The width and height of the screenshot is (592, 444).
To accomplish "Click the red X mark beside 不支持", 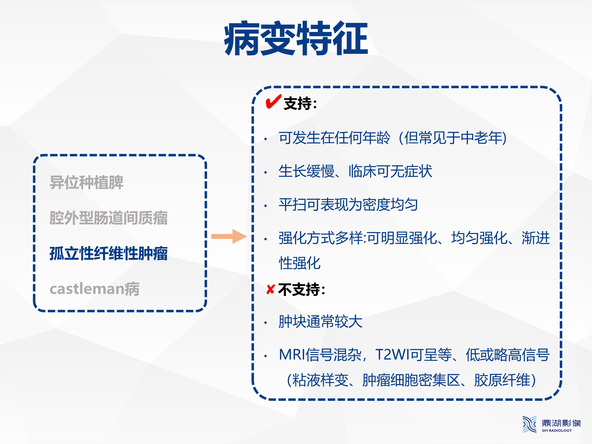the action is click(271, 289).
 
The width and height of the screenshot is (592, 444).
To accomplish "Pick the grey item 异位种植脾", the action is click(86, 183).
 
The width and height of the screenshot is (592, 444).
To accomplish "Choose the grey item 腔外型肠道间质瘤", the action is click(109, 218).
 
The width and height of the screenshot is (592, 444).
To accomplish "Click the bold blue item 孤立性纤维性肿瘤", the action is click(109, 253).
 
